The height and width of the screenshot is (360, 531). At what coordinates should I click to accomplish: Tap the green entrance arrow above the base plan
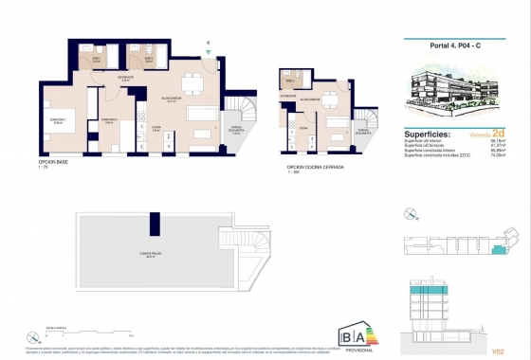point(207,42)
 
